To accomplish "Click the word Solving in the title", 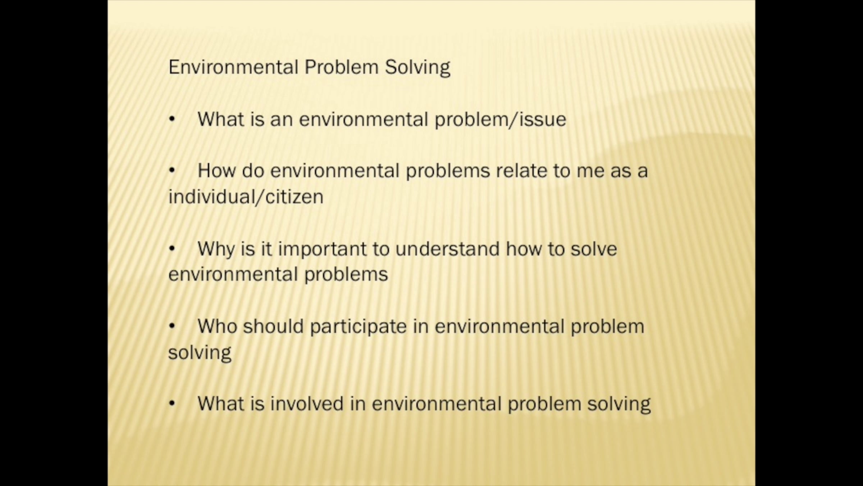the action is (417, 68).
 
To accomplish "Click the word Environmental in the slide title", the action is (233, 67).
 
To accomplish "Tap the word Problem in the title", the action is (342, 67).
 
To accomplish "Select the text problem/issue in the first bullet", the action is (501, 120).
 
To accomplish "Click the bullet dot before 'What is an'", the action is (172, 119).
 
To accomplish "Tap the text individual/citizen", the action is (246, 197).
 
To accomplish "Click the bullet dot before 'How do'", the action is (172, 171).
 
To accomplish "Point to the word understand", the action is (447, 249).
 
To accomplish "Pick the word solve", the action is (594, 249).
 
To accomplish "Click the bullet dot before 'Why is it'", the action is (172, 248).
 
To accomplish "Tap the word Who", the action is (217, 326).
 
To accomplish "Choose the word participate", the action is (358, 327).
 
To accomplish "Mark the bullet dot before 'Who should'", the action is (172, 326).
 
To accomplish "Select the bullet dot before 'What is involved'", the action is (172, 404).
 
